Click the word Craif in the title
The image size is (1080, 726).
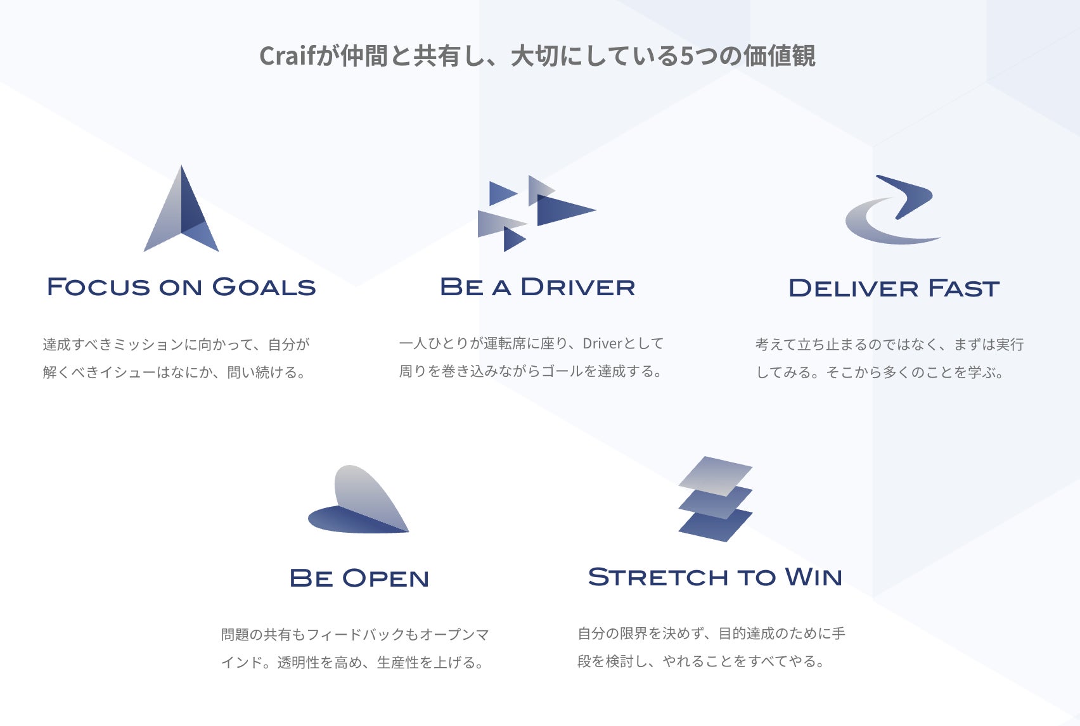pyautogui.click(x=286, y=56)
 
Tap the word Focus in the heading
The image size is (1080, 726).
pyautogui.click(x=98, y=287)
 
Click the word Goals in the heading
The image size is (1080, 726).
pyautogui.click(x=264, y=287)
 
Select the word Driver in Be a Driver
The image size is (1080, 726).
pyautogui.click(x=577, y=287)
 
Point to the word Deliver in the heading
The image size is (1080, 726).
pyautogui.click(x=853, y=288)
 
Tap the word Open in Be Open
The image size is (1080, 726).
pyautogui.click(x=385, y=578)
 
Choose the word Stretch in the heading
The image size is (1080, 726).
pyautogui.click(x=658, y=577)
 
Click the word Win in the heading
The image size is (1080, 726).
pyautogui.click(x=814, y=577)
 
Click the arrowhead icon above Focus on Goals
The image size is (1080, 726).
pyautogui.click(x=182, y=212)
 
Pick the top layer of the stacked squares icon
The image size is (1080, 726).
pyautogui.click(x=716, y=474)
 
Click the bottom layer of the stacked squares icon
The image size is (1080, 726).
pyautogui.click(x=716, y=525)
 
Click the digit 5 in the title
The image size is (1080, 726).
pyautogui.click(x=687, y=56)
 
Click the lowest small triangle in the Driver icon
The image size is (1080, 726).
pyautogui.click(x=513, y=239)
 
